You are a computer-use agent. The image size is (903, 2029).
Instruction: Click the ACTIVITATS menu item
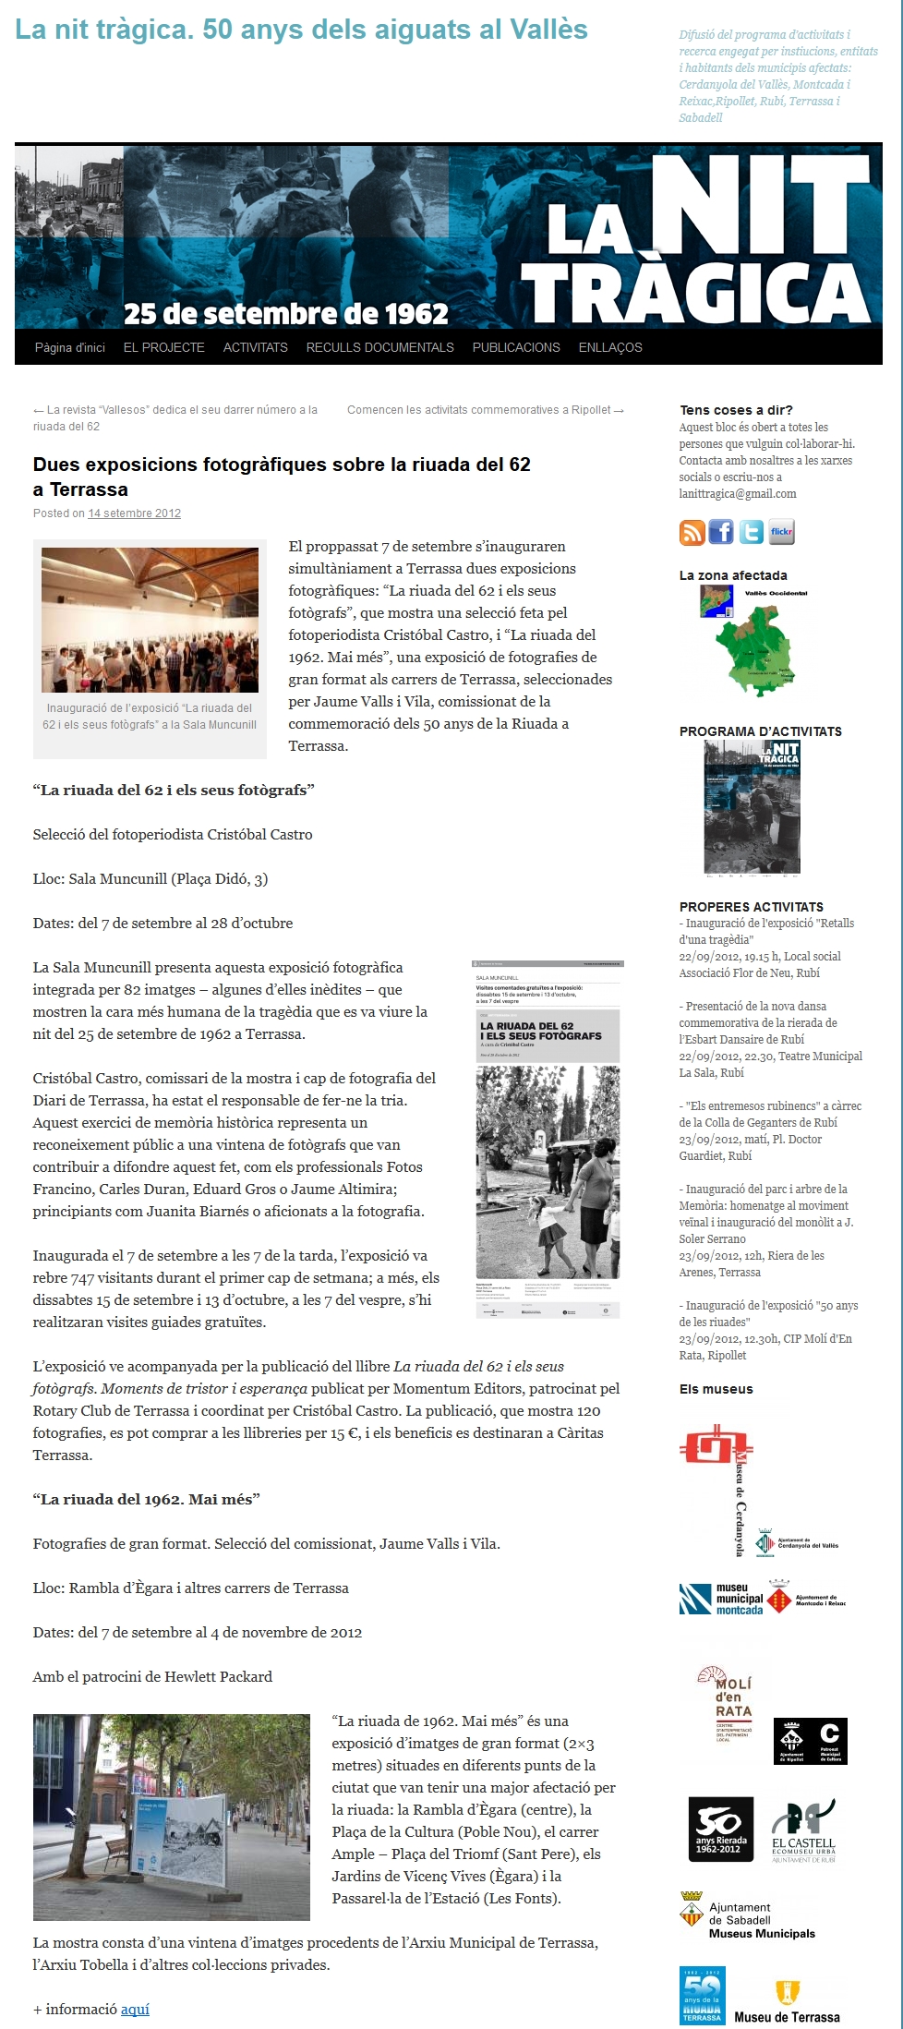tap(255, 347)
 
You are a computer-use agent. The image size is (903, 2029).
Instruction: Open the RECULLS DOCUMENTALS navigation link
tap(379, 347)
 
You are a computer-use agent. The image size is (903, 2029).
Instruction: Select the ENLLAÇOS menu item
tap(609, 347)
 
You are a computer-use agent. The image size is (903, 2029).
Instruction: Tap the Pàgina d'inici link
tap(70, 347)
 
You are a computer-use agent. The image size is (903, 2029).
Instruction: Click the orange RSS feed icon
tap(692, 532)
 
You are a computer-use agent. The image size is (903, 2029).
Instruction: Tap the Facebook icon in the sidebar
tap(721, 532)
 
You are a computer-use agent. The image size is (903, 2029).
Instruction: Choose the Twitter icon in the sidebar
tap(752, 532)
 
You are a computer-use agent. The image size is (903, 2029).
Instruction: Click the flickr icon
tap(782, 532)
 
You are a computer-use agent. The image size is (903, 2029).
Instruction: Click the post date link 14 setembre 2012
tap(134, 513)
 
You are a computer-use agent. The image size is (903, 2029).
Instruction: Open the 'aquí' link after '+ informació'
tap(135, 2009)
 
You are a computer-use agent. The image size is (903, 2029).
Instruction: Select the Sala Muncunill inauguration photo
tap(150, 620)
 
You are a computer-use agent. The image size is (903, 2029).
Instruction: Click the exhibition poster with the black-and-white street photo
tap(548, 1140)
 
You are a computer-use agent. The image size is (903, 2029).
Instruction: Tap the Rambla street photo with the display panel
tap(171, 1817)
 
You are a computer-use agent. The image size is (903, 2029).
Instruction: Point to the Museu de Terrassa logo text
tap(787, 2017)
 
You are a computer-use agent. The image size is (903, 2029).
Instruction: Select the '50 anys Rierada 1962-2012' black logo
tap(719, 1830)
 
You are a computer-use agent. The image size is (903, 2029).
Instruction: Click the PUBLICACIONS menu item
tap(516, 347)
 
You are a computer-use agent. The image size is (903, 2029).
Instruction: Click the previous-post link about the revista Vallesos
tap(175, 417)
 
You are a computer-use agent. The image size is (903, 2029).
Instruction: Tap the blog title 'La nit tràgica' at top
tap(301, 30)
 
